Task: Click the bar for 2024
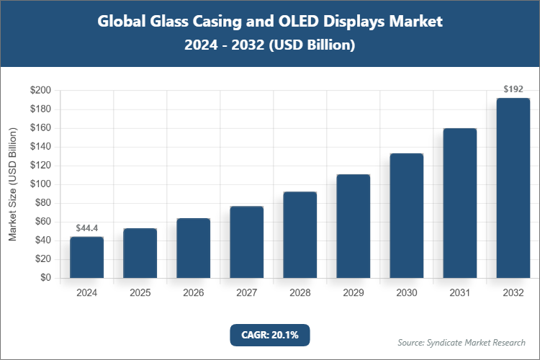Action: [86, 257]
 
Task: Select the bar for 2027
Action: [246, 242]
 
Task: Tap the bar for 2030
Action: [406, 215]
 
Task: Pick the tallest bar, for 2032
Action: [513, 188]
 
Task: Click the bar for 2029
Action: [353, 226]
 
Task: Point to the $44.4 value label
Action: [86, 228]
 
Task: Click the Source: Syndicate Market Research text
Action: [462, 342]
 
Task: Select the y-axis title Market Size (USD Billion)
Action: [12, 184]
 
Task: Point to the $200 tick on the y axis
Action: [40, 91]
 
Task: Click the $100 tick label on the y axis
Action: [40, 184]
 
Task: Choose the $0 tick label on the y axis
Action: [45, 278]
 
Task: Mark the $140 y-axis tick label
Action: [40, 147]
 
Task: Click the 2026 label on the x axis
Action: [193, 293]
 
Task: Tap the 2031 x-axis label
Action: [459, 293]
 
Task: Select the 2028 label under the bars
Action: [300, 293]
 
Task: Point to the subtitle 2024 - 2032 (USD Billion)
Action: [269, 45]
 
